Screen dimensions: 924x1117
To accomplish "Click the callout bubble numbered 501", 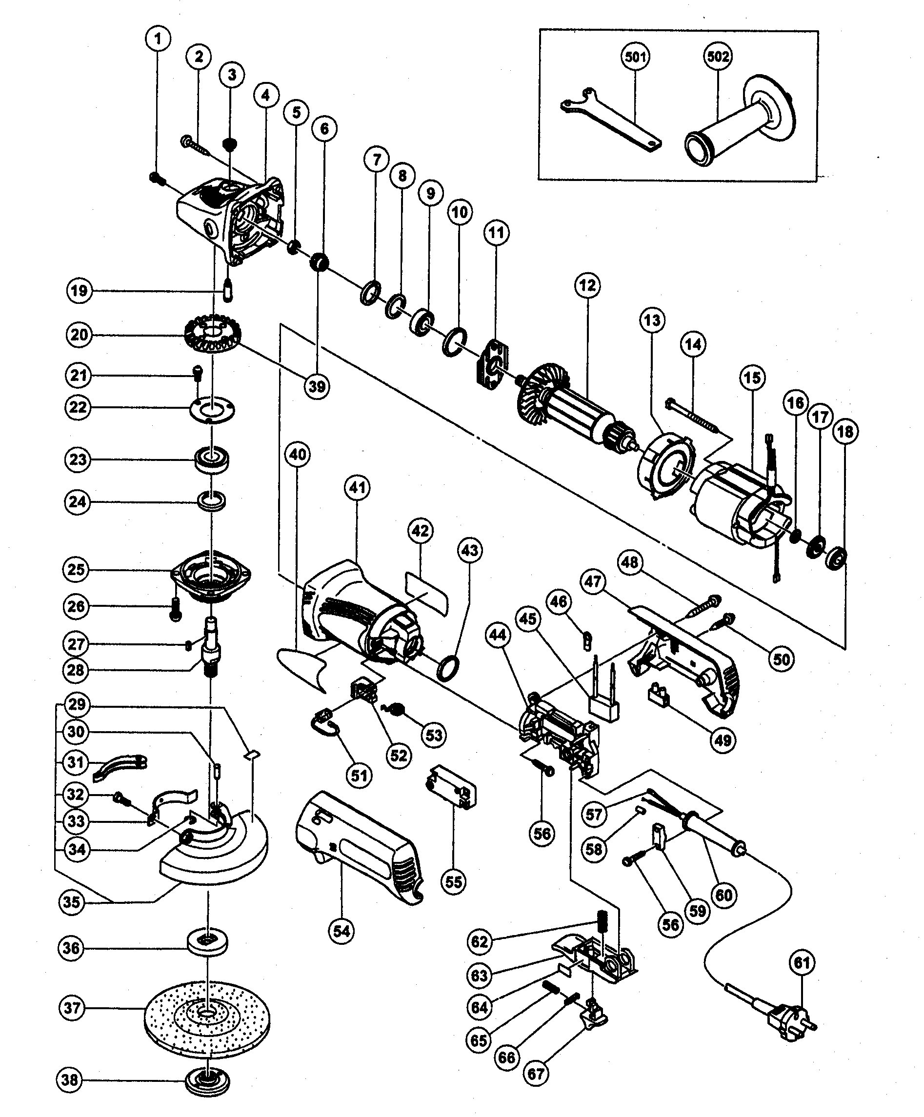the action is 635,57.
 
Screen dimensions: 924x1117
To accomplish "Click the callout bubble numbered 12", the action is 587,286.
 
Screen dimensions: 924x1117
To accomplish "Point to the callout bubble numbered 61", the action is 802,963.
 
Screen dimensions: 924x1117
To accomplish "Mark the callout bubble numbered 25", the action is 76,569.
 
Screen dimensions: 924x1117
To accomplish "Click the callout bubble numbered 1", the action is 158,39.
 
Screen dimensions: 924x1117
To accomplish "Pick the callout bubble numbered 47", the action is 594,581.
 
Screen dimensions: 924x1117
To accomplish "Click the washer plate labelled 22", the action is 212,412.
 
